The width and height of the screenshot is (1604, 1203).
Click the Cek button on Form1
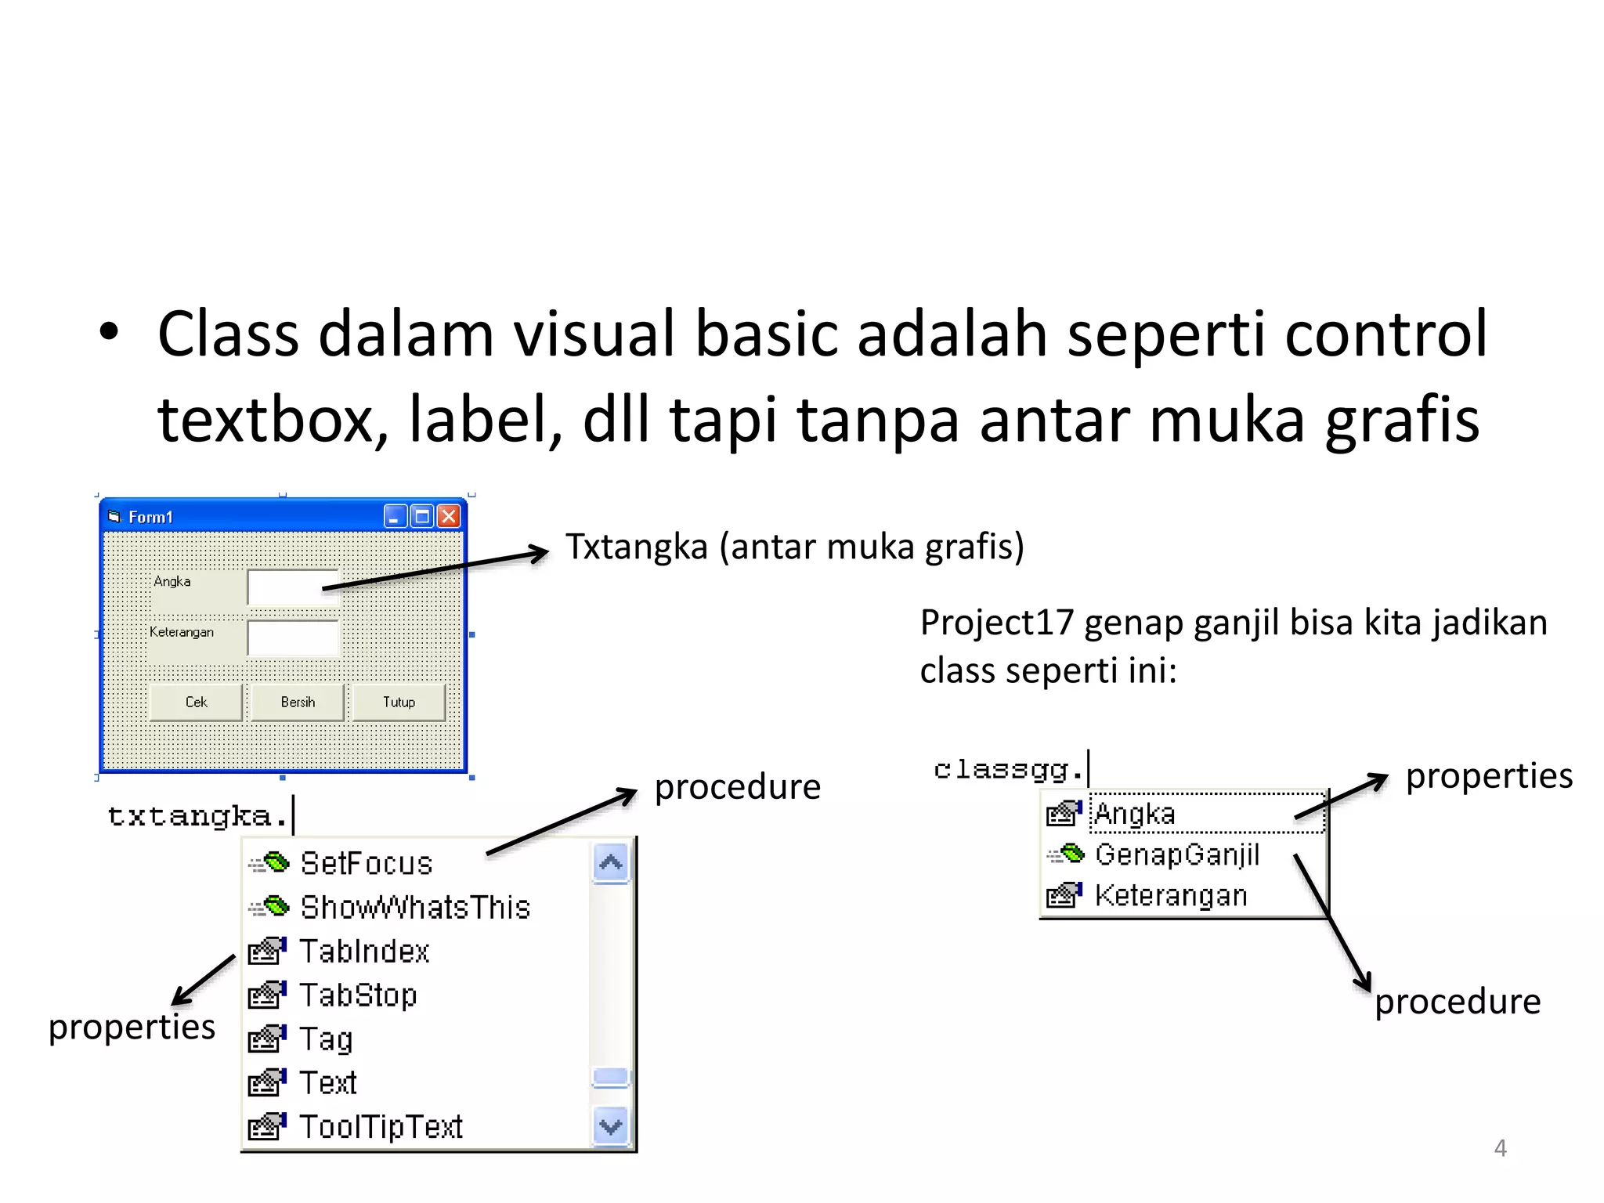coord(196,702)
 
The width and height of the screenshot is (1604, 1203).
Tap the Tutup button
coord(399,702)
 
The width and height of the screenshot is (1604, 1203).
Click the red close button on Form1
coord(449,516)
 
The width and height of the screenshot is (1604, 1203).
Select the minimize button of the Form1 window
coord(395,516)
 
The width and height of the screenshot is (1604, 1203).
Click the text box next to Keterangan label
coord(292,638)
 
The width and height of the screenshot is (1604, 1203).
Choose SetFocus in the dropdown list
coord(366,863)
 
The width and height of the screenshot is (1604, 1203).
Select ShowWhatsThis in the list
coord(415,907)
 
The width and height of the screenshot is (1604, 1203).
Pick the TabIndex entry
coord(364,952)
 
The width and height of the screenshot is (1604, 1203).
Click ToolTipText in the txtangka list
coord(381,1127)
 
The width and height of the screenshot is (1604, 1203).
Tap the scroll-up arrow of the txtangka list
coord(611,863)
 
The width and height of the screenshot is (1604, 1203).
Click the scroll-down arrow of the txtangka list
coord(611,1127)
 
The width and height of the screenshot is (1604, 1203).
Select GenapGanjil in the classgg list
coord(1176,854)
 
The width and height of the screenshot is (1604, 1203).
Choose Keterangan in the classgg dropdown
coord(1170,895)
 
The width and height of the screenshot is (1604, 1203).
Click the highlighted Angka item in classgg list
coord(1135,814)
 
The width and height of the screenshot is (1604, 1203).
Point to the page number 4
coord(1500,1148)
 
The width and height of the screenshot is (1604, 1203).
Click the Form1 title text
coord(150,517)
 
